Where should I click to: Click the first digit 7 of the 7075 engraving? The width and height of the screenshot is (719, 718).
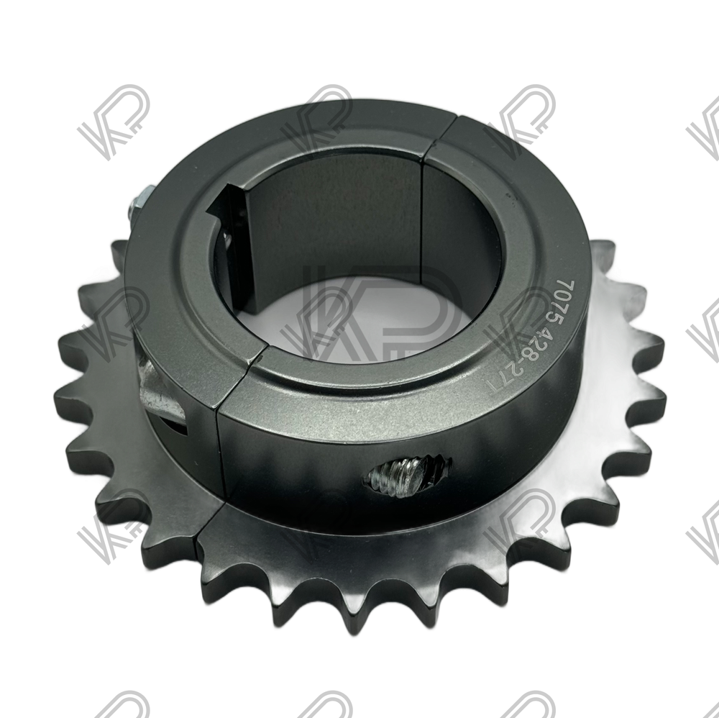[x=568, y=284]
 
